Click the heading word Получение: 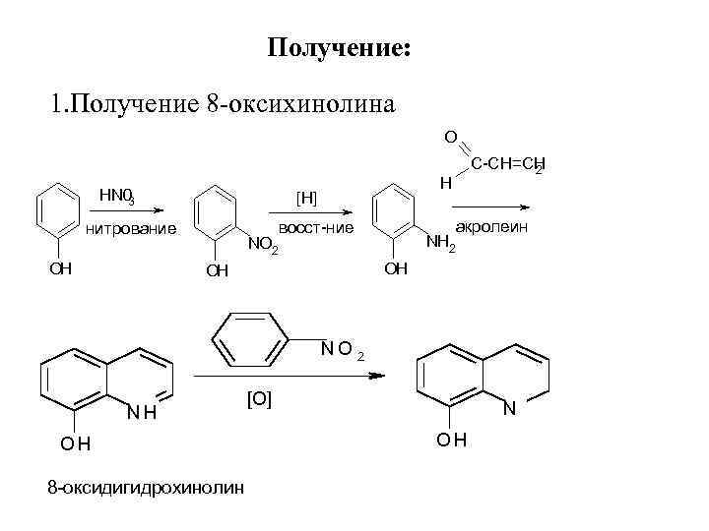click(339, 49)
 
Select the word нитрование click(131, 230)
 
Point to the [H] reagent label click(306, 197)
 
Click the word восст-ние click(316, 227)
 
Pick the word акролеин click(492, 227)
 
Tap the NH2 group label click(440, 243)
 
